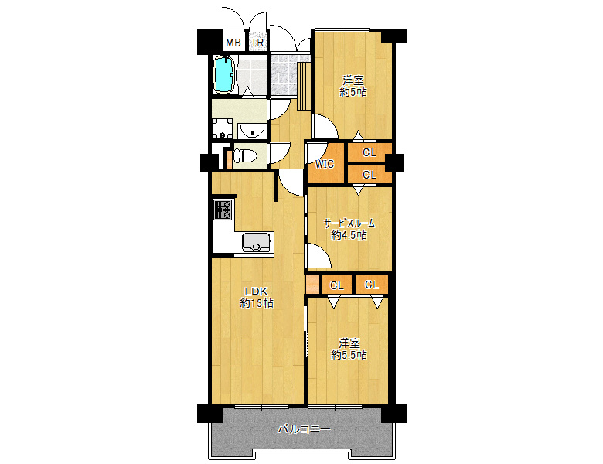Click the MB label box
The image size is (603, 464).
(x=233, y=42)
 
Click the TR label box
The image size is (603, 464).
(x=257, y=42)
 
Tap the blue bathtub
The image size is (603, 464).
(x=223, y=75)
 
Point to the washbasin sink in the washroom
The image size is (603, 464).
(x=252, y=130)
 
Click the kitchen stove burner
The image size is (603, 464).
(x=223, y=210)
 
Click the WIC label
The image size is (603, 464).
(x=325, y=164)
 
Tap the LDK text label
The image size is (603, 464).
(x=257, y=292)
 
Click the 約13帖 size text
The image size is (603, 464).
(x=257, y=303)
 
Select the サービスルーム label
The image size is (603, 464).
(x=349, y=223)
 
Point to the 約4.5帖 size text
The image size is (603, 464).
(x=349, y=234)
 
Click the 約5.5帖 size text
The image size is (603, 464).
(x=349, y=355)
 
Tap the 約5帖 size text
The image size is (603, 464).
(x=353, y=92)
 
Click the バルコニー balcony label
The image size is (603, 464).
(x=304, y=429)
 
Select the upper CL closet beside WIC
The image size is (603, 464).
(x=370, y=152)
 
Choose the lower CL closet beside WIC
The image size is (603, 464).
(x=370, y=175)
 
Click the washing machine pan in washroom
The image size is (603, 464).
(x=223, y=129)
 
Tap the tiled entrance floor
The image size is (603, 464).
(x=284, y=75)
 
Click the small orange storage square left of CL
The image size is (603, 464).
(x=312, y=285)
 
